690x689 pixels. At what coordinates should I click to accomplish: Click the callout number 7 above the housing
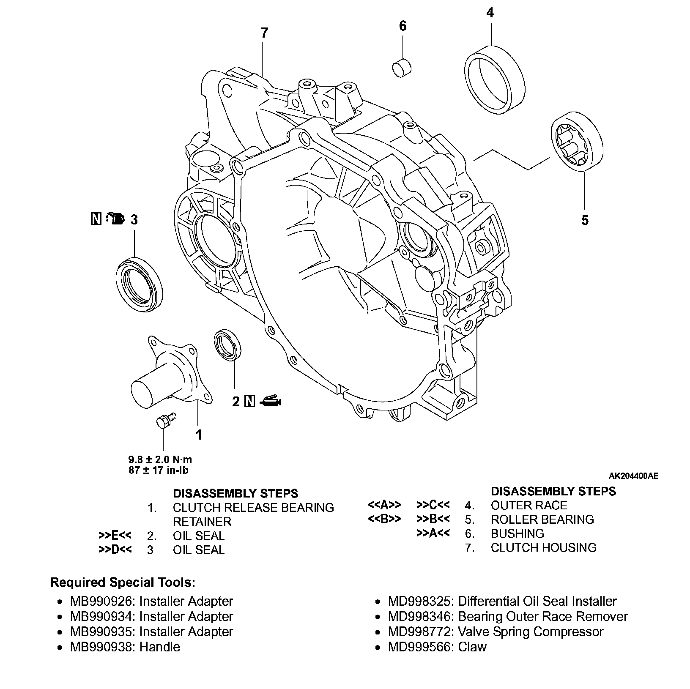pos(264,33)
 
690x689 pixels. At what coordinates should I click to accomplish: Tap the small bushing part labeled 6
pos(403,68)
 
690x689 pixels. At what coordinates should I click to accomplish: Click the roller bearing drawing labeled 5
pos(578,141)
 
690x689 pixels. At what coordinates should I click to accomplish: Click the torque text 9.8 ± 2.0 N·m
pos(160,459)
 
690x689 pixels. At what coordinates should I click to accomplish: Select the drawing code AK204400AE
pos(633,476)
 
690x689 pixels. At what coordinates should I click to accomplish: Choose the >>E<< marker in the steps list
pos(115,536)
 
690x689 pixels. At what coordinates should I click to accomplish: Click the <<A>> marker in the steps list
pos(384,505)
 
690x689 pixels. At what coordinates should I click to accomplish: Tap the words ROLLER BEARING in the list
pos(542,519)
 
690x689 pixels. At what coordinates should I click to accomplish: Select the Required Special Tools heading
pos(123,582)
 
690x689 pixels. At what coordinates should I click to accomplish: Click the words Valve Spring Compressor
pos(531,632)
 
